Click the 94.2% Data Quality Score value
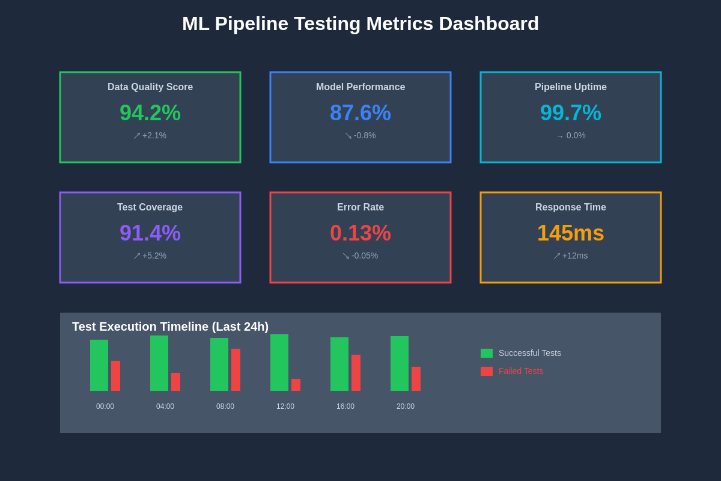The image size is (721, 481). (150, 113)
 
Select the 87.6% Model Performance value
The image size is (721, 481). (360, 113)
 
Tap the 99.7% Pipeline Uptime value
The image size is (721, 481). (571, 113)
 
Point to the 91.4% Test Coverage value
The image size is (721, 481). (150, 233)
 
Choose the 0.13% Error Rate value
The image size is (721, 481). (360, 233)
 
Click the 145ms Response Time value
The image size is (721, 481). (571, 233)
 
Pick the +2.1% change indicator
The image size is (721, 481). (150, 136)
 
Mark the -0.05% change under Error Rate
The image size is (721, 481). (360, 256)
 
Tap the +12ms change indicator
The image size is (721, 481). (571, 256)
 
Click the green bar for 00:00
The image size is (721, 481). (99, 365)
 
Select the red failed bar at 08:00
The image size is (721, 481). (236, 370)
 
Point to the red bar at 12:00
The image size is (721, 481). (296, 385)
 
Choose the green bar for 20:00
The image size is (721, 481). (400, 363)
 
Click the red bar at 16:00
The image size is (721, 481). (356, 373)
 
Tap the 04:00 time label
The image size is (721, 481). (165, 406)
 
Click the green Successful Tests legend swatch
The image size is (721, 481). (487, 354)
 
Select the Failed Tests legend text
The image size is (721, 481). (521, 372)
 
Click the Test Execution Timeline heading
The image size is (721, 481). (170, 326)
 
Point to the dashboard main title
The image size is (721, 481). (360, 24)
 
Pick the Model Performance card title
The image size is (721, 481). (360, 87)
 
